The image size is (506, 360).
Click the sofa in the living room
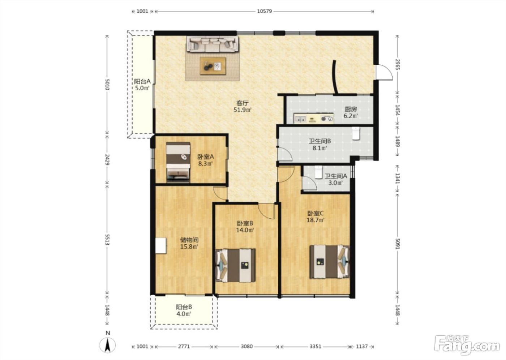[x=212, y=44]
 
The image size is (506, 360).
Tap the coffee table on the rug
[x=213, y=66]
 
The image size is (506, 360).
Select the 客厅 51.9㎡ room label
[x=243, y=107]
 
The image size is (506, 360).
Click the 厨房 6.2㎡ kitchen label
[x=351, y=112]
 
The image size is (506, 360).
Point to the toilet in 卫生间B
[x=356, y=133]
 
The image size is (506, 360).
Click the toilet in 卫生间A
[x=318, y=172]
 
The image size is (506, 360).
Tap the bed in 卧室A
[x=178, y=162]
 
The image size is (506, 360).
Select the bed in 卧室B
[x=236, y=265]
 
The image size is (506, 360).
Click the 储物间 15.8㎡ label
[x=189, y=243]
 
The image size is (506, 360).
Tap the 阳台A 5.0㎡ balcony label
[x=142, y=85]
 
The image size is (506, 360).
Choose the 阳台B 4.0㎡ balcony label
[x=184, y=310]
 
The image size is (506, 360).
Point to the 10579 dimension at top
[x=265, y=11]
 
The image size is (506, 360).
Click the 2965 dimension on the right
[x=397, y=64]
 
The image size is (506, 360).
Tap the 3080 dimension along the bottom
[x=246, y=346]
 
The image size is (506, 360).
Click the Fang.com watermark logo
[x=467, y=347]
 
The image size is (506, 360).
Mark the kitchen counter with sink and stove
[x=314, y=118]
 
